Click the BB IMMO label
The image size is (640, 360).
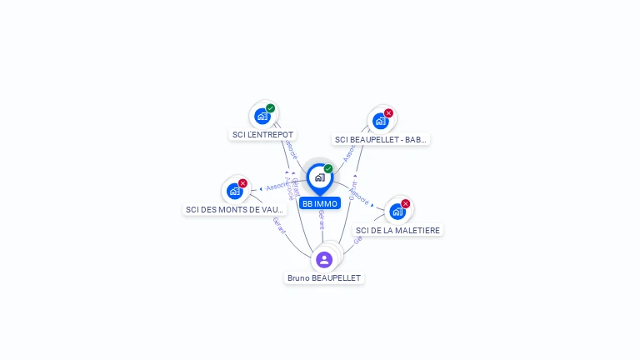[x=320, y=203]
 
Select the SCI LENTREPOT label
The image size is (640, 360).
[x=263, y=134]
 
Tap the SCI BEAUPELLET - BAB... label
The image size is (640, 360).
[x=381, y=139]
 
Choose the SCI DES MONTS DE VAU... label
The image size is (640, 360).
[x=235, y=209]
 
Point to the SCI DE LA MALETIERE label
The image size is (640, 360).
[x=398, y=230]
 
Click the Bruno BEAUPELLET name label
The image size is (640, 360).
[x=324, y=277]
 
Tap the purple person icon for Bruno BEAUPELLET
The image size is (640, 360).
[x=324, y=259]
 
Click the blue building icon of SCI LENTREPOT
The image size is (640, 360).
[x=262, y=117]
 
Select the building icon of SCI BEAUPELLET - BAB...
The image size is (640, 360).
[x=381, y=122]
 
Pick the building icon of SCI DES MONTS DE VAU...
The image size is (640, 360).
[x=235, y=192]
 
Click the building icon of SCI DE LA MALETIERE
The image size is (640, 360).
[x=397, y=212]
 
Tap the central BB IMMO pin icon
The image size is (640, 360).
[x=319, y=177]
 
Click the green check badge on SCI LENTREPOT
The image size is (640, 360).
[x=271, y=108]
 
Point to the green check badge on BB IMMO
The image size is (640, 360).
[x=328, y=169]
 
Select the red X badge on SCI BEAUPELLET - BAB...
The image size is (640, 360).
[x=389, y=113]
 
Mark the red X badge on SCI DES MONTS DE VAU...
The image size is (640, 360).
[x=243, y=183]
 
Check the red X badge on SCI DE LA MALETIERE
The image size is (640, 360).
[x=406, y=203]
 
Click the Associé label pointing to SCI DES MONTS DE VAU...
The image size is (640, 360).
[x=277, y=187]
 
